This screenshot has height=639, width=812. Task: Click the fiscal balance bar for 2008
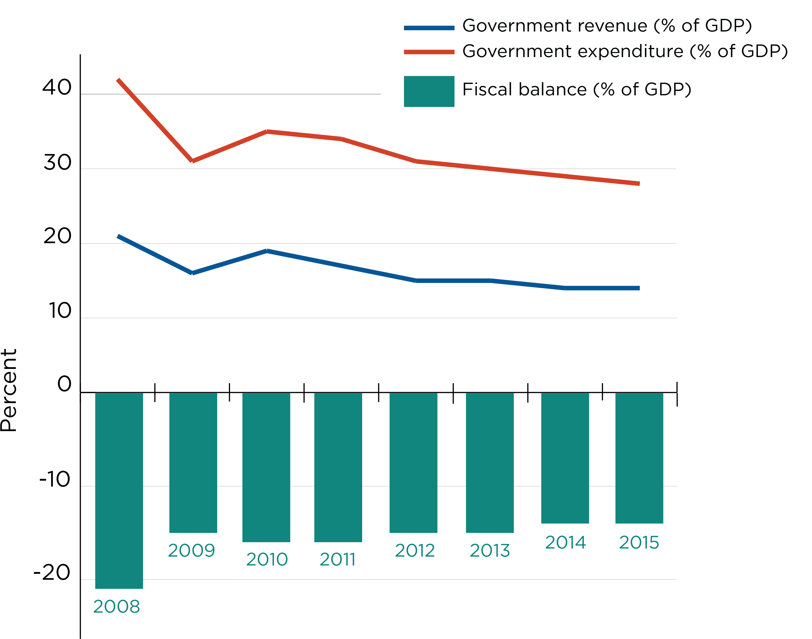coord(119,490)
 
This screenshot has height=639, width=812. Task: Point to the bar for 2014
coord(565,458)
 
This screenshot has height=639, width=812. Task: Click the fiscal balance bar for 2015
coord(639,458)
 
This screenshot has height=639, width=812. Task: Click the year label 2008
coord(116,606)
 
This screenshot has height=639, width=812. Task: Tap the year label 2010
coord(267,559)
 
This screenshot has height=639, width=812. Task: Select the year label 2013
coord(490,550)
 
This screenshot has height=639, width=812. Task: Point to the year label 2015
coord(639,543)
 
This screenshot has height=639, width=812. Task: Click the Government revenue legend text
coord(607,25)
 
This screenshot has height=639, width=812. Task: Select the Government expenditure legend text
coord(625,51)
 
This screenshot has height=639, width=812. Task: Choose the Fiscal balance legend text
coord(577,89)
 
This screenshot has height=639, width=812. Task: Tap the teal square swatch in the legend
coord(429,91)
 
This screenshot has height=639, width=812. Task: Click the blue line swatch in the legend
coord(429,28)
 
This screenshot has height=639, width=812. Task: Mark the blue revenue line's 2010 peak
coord(267,251)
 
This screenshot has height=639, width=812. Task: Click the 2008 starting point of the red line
coord(118,80)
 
